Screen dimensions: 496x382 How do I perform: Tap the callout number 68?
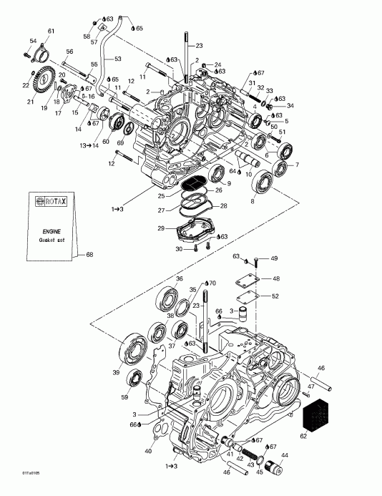(x=89, y=255)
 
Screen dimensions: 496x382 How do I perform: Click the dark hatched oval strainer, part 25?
(x=192, y=183)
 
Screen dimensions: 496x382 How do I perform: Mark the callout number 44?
(x=286, y=455)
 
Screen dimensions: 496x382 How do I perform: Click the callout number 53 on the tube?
(x=119, y=59)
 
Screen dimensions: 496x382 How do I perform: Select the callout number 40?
(x=148, y=451)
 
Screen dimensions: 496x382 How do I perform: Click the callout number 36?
(x=180, y=278)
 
